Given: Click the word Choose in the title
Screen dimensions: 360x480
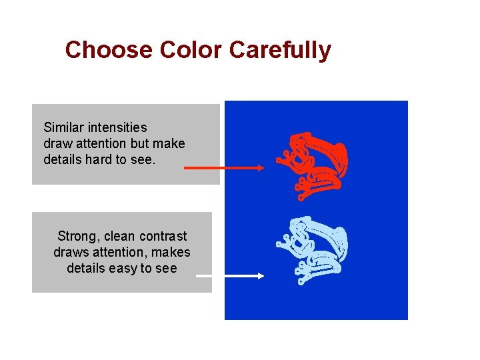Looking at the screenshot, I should [109, 50].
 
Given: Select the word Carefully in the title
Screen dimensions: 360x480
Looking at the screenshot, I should [281, 51].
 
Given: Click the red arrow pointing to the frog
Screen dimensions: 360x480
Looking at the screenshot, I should [224, 169].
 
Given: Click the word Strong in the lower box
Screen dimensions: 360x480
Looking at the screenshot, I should [79, 236].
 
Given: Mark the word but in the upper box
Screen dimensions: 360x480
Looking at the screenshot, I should [141, 143].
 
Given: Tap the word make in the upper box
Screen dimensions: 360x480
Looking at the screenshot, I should [169, 143].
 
